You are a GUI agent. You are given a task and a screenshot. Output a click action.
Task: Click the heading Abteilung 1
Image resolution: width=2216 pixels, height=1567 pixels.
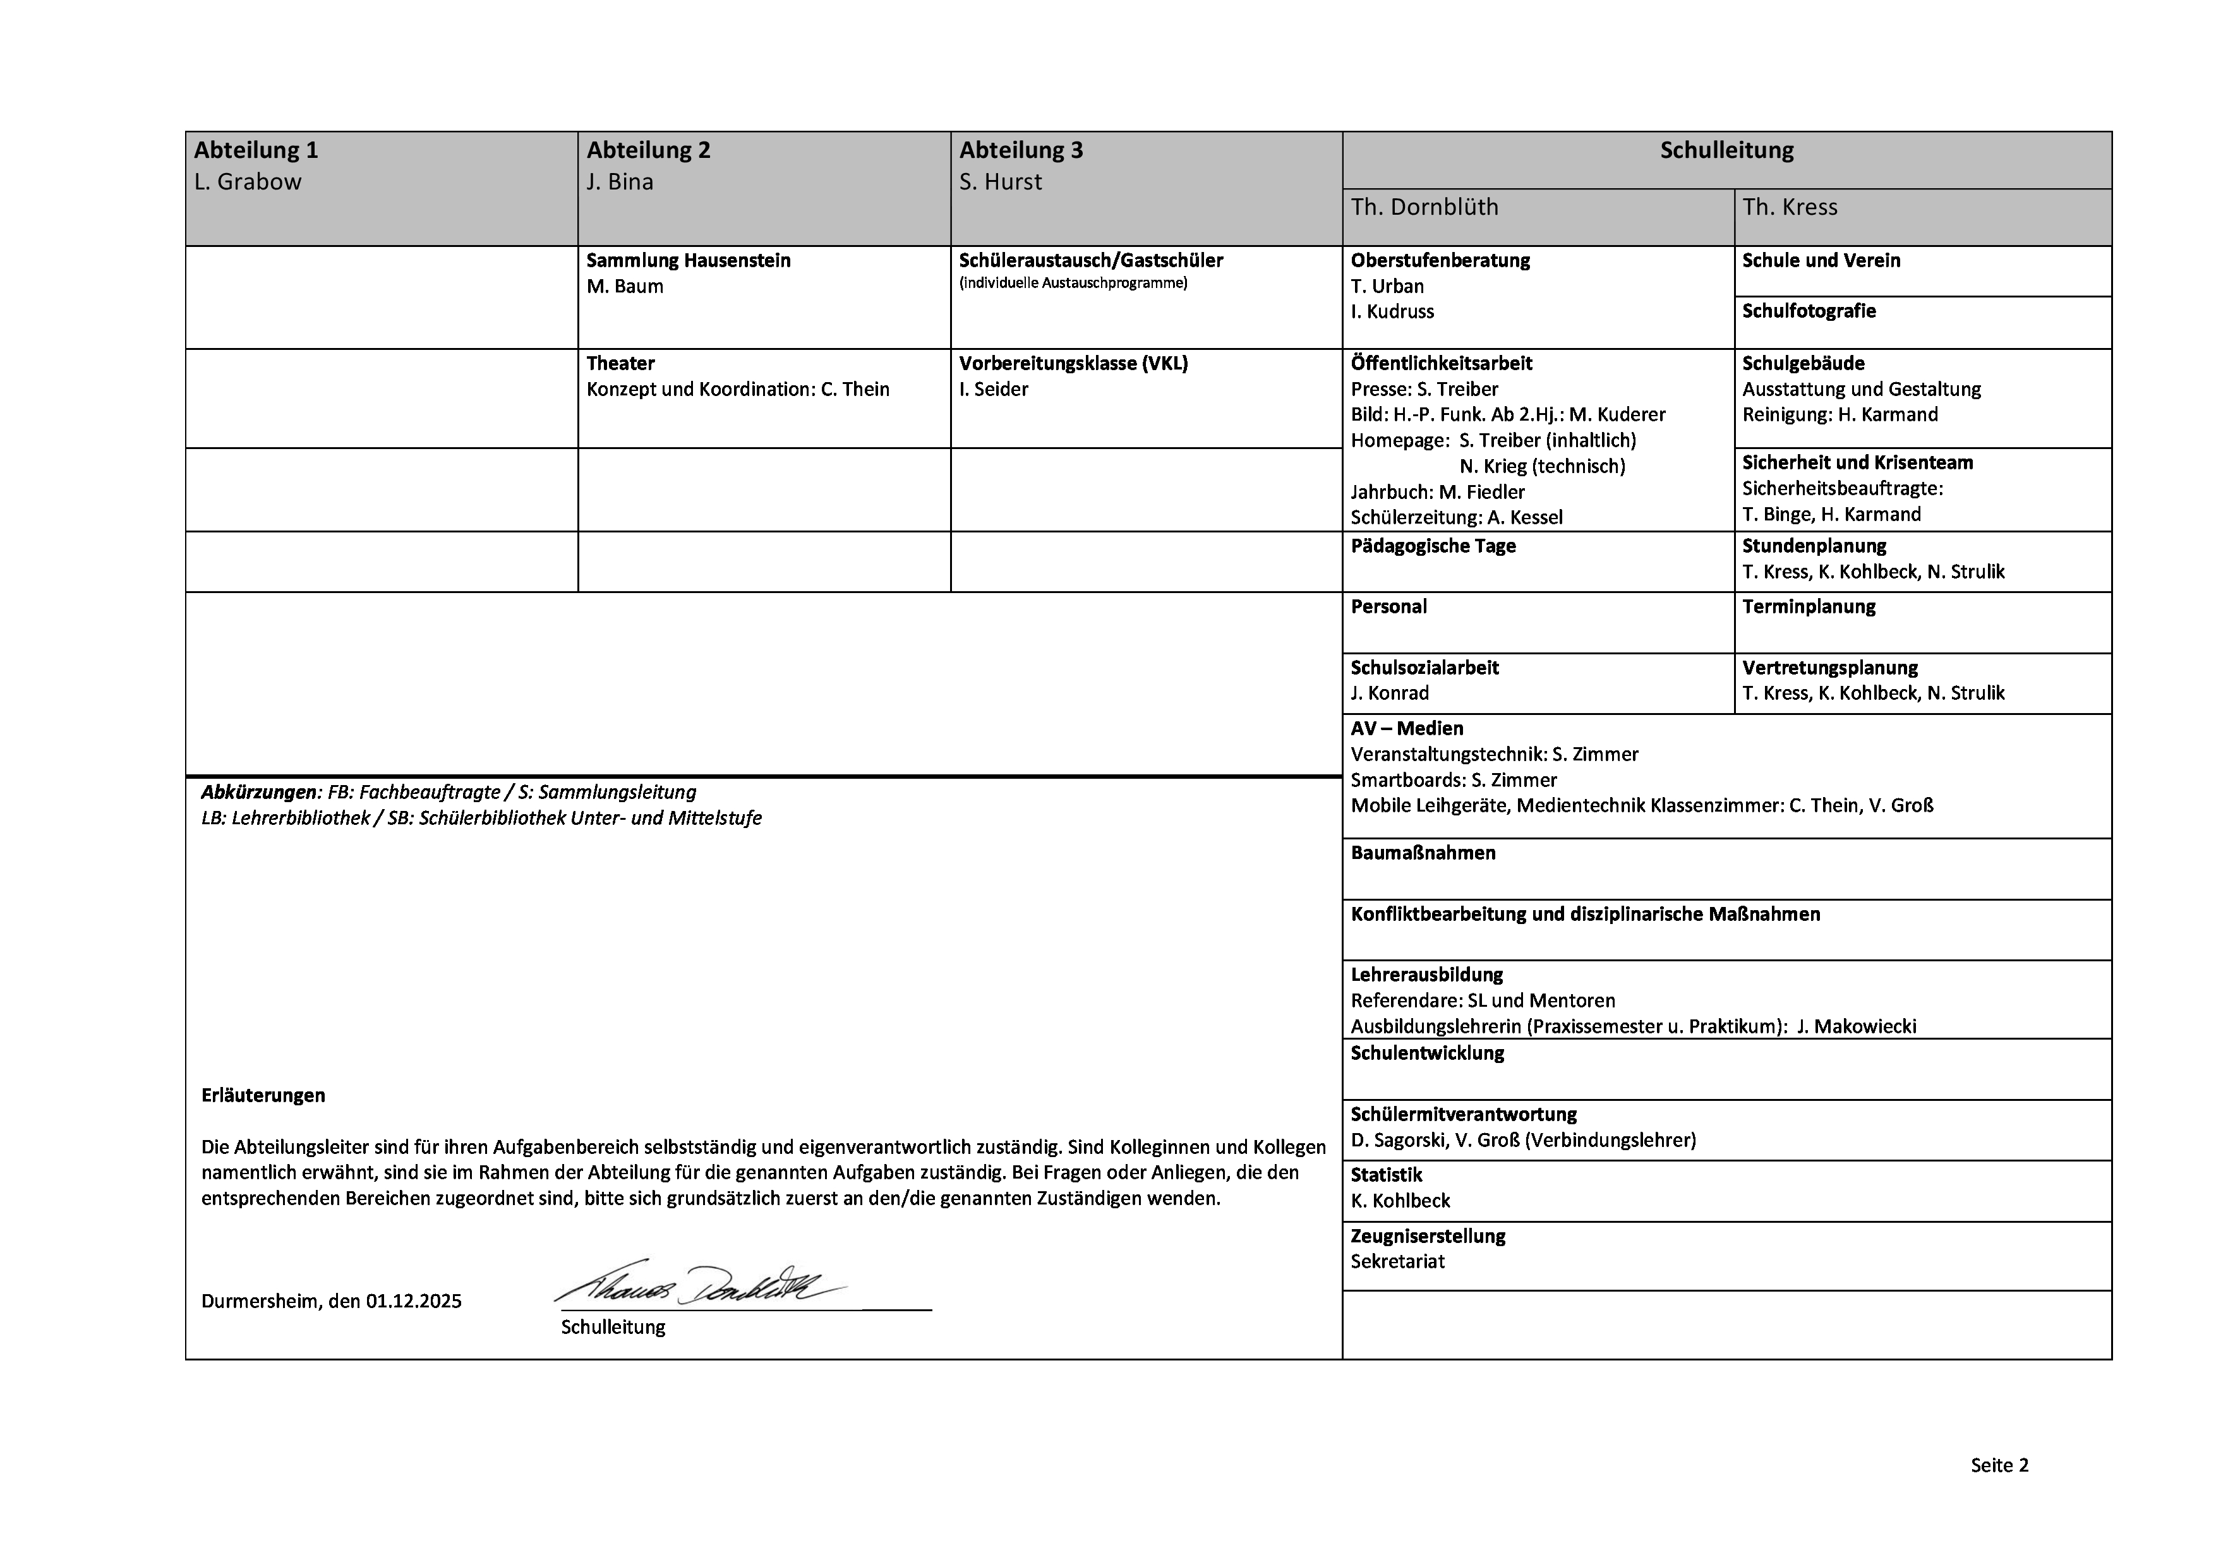(256, 150)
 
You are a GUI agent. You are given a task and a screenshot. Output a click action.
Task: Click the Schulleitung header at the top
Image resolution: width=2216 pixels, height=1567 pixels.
(1726, 150)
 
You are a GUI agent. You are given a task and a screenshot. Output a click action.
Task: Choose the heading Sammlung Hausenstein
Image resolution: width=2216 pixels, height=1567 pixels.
(688, 260)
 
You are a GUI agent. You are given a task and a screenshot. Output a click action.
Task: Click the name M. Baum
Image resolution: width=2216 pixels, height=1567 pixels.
(625, 287)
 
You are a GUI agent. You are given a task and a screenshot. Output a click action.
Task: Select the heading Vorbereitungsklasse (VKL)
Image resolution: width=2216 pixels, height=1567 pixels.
(1073, 364)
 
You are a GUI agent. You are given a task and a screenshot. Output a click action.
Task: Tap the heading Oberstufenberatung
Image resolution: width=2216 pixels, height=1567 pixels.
(1440, 260)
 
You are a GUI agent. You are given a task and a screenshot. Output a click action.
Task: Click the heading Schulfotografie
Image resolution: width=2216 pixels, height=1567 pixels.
(1809, 311)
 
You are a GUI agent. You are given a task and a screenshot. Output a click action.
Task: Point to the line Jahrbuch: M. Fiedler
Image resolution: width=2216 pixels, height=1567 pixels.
(1437, 492)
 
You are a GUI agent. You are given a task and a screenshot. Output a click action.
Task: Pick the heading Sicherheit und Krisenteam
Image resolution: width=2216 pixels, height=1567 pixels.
(1857, 463)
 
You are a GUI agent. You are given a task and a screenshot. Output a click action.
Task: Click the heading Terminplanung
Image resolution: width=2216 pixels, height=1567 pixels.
(1809, 607)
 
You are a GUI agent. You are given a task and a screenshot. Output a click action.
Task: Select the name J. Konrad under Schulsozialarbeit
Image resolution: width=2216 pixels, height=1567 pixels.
(1390, 693)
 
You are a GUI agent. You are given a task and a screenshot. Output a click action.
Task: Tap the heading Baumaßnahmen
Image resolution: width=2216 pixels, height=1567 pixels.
(1423, 853)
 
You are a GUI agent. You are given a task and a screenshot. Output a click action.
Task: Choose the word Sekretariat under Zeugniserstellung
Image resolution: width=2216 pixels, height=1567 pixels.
(1397, 1262)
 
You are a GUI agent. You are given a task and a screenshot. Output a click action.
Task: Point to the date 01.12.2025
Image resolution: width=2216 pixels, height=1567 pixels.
(413, 1302)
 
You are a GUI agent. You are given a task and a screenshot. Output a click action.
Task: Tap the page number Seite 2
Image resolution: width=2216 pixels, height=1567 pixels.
(1999, 1466)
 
